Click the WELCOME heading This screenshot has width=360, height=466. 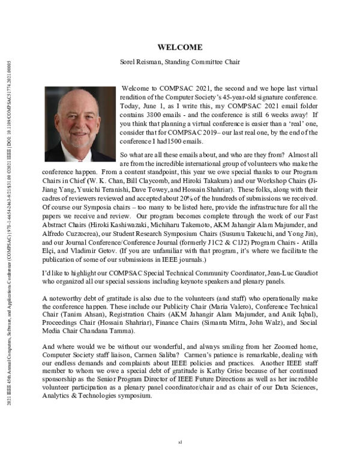pos(179,47)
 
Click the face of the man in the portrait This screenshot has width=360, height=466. pos(79,118)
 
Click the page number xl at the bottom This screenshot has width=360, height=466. pos(179,442)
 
